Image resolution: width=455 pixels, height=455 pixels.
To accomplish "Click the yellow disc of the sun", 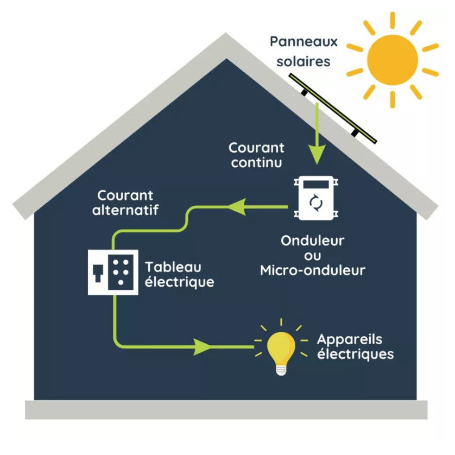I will pos(392,59).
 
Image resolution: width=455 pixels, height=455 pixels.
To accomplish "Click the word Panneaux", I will pos(304,41).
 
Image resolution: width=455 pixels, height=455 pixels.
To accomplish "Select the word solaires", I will pos(304,61).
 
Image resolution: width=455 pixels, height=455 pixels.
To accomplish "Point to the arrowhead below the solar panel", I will pos(316,155).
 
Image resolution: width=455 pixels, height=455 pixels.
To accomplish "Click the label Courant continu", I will pos(256,155).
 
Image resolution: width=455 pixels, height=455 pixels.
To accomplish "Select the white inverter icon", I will pos(315,198).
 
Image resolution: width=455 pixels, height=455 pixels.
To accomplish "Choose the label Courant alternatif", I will pos(125,203).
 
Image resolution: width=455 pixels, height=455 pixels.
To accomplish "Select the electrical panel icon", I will pos(112,273).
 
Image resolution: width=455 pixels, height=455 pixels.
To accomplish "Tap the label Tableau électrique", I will pos(179,275).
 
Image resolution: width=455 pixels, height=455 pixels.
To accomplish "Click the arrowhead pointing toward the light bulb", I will pos(204,346).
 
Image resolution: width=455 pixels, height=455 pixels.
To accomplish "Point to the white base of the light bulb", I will pos(281,370).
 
